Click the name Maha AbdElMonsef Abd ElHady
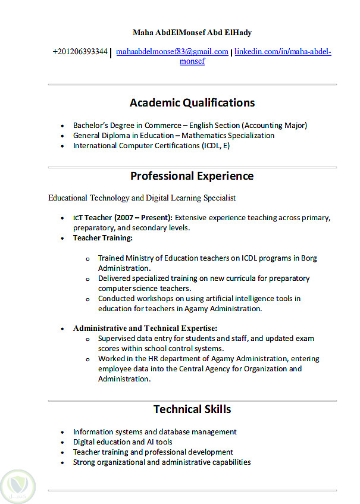(192, 32)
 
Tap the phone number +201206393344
(80, 52)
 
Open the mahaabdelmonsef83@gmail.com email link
(172, 52)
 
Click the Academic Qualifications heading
(192, 103)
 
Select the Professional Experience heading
(192, 176)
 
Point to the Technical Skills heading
(192, 409)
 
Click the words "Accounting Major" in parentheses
(274, 126)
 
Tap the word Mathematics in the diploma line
(204, 136)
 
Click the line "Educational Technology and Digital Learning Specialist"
(142, 198)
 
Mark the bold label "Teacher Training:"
(102, 238)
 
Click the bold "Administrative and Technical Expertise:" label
(145, 328)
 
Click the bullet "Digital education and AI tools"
(123, 442)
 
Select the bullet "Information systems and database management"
(155, 432)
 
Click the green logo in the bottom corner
(18, 485)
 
